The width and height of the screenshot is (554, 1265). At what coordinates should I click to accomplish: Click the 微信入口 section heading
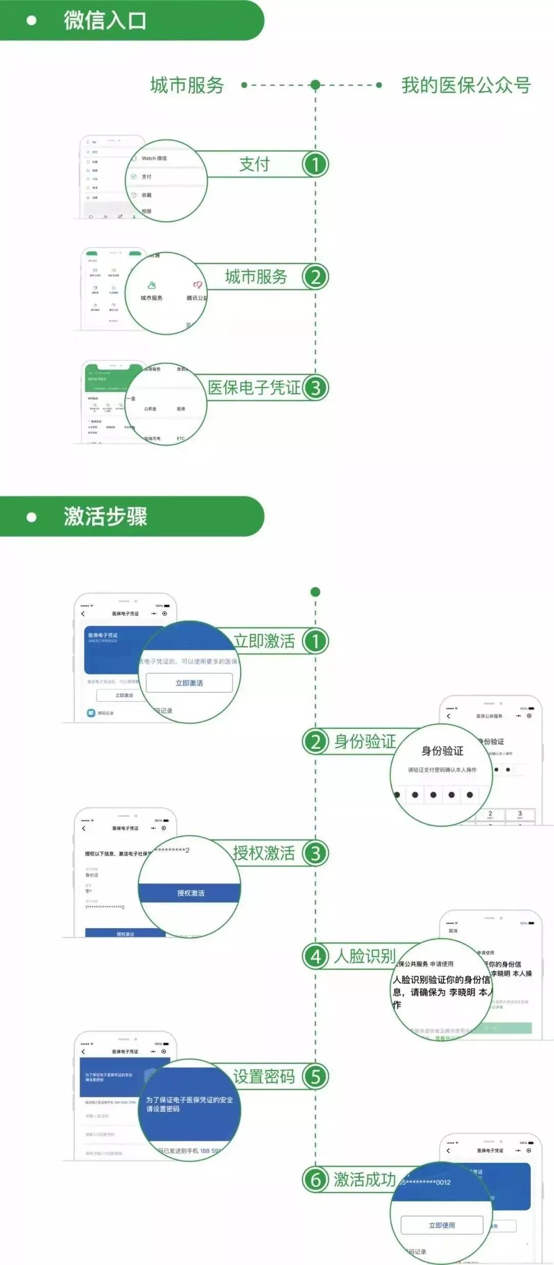(x=105, y=21)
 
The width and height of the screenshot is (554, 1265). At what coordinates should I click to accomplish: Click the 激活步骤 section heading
(x=105, y=516)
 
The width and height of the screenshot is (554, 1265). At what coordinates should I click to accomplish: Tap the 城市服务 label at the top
(x=187, y=85)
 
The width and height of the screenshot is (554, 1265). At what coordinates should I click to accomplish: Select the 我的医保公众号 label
(x=466, y=85)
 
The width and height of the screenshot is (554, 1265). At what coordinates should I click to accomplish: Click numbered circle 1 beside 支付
(x=315, y=165)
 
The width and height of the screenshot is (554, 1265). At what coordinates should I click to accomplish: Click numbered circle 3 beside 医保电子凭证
(x=315, y=388)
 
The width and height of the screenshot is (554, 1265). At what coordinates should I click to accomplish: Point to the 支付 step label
(x=254, y=165)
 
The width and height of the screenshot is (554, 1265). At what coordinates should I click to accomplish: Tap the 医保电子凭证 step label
(x=254, y=388)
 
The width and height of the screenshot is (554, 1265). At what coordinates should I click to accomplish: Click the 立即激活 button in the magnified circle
(x=189, y=683)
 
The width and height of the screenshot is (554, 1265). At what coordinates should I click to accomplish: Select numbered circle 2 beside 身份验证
(x=315, y=742)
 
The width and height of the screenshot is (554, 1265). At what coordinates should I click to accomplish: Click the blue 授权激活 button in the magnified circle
(x=190, y=893)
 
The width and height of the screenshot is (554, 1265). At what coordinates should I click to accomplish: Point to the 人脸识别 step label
(x=365, y=956)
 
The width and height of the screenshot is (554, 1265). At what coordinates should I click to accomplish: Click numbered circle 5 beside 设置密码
(x=315, y=1077)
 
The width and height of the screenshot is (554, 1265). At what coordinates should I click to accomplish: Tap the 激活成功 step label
(x=365, y=1179)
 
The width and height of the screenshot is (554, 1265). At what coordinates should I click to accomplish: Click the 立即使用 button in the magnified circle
(x=442, y=1225)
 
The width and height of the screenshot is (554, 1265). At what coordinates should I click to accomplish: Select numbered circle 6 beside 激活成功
(x=315, y=1179)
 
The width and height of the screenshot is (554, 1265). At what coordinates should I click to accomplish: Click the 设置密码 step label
(x=264, y=1077)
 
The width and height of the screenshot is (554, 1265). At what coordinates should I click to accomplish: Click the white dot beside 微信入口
(x=31, y=21)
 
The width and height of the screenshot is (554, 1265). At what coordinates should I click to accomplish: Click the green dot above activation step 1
(x=315, y=592)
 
